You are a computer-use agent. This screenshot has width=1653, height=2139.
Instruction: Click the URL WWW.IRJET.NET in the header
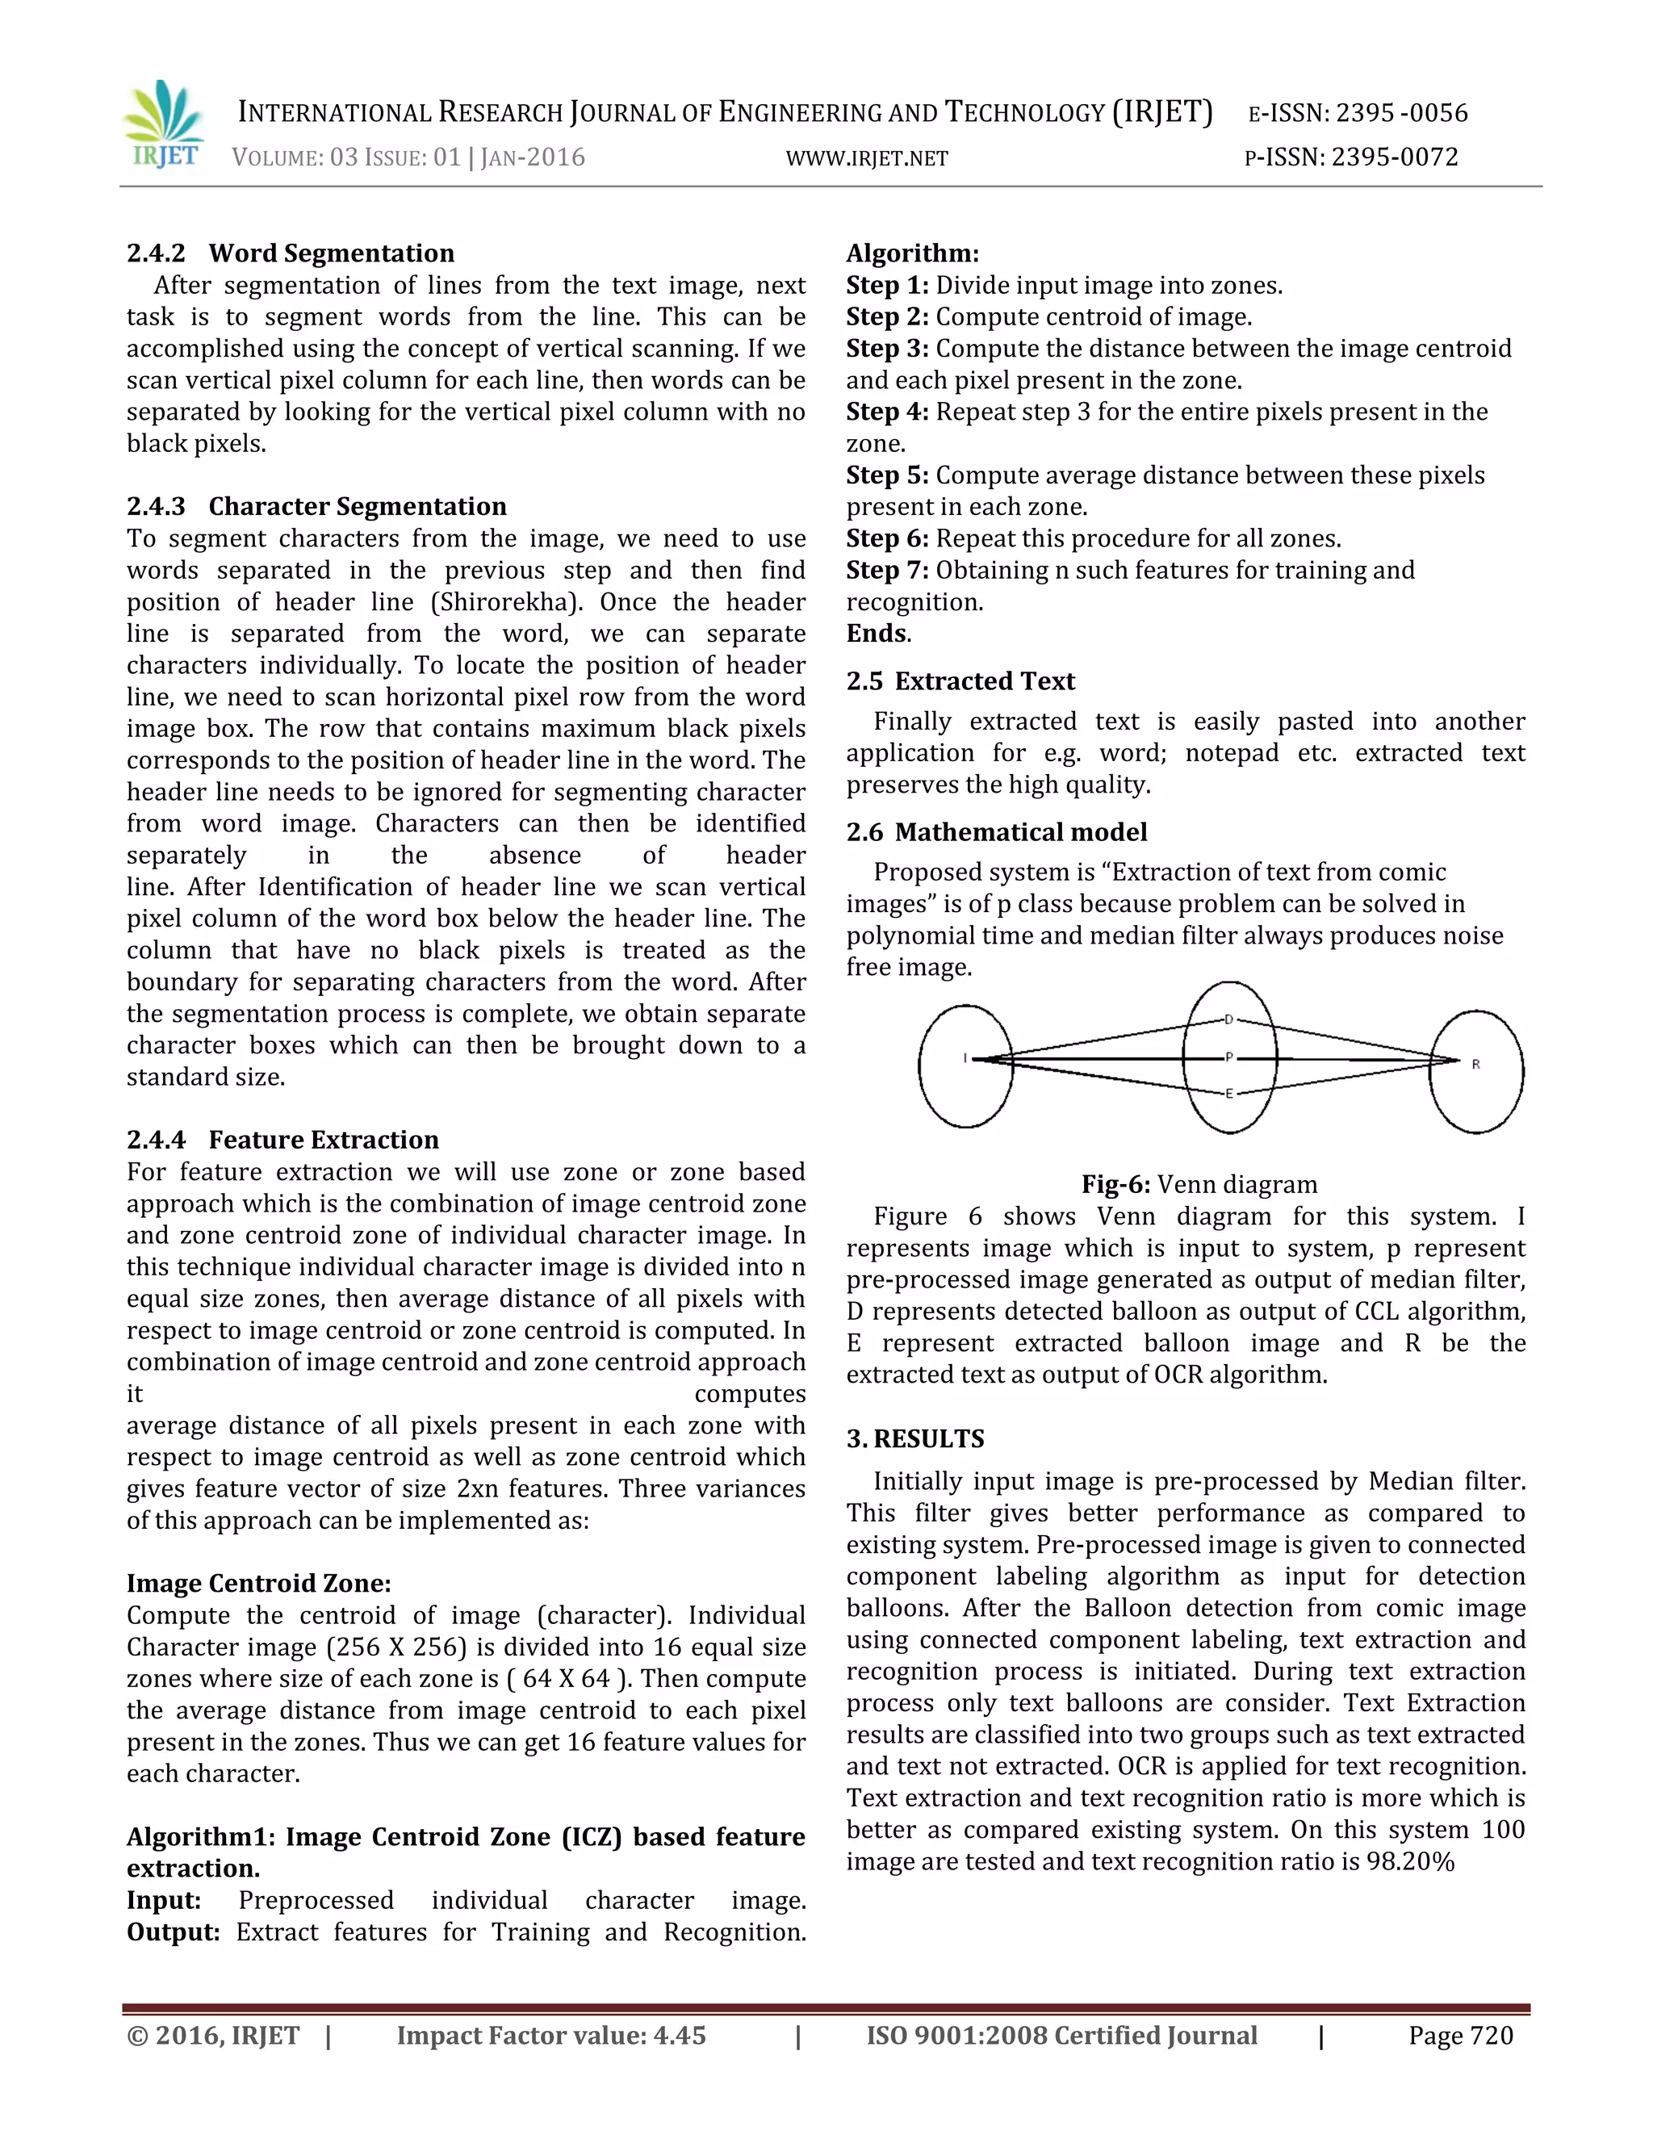click(x=867, y=159)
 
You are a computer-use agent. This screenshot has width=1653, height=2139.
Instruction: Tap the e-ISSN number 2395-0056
click(x=1401, y=114)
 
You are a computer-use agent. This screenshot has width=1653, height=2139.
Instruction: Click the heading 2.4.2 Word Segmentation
click(x=290, y=253)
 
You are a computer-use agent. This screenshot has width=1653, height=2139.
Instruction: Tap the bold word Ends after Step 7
click(x=876, y=633)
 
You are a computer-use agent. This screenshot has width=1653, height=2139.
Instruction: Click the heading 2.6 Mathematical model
click(x=996, y=831)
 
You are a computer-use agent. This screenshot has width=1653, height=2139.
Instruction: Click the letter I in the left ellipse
click(x=965, y=1057)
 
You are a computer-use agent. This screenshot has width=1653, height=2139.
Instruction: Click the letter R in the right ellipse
click(x=1475, y=1064)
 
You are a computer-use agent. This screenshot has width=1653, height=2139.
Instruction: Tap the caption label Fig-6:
click(x=1115, y=1184)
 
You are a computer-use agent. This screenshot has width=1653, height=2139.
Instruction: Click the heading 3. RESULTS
click(x=914, y=1438)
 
